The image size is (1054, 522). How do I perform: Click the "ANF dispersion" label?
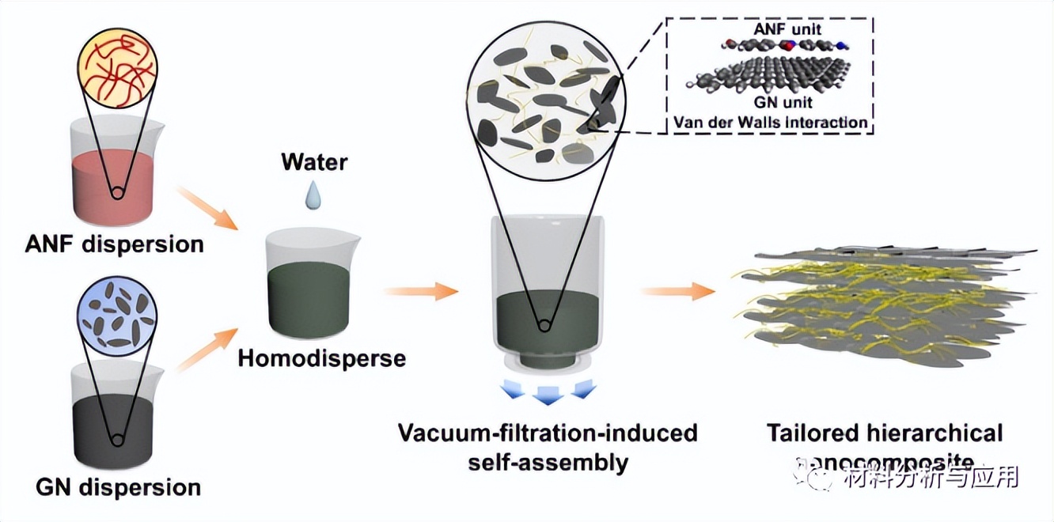[114, 243]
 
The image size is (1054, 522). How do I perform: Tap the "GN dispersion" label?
[118, 486]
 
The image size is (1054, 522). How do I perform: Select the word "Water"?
[314, 162]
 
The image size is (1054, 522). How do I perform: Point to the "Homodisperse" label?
[322, 357]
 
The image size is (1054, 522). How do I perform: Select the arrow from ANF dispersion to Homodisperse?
[207, 208]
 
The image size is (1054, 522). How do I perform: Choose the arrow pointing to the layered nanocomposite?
[677, 291]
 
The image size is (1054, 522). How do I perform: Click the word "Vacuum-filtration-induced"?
[548, 433]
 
